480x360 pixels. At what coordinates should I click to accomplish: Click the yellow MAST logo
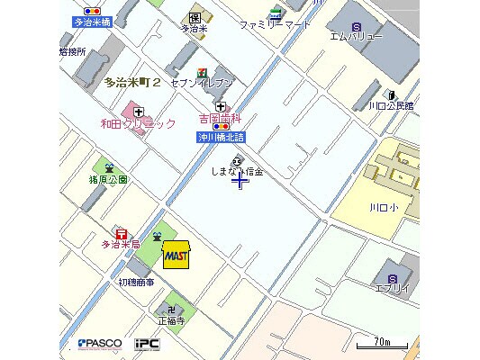176,256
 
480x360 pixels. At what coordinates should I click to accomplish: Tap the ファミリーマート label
275,25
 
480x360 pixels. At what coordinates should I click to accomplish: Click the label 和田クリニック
138,123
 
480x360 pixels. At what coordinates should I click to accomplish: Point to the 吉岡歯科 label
221,118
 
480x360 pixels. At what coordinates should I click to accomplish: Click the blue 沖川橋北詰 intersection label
221,137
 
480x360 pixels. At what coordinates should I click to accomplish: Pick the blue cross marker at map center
240,182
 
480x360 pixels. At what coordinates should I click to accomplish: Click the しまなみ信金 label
237,172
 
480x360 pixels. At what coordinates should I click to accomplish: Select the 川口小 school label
383,207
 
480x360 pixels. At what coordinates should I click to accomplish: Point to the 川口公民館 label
390,105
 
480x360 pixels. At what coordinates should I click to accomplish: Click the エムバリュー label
356,37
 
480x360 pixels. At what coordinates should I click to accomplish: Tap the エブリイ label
392,288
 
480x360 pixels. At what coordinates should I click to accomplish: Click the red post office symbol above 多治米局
121,233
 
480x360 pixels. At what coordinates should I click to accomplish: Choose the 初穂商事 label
136,282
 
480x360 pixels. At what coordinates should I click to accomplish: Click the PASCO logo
99,343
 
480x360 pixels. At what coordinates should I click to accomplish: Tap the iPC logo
147,343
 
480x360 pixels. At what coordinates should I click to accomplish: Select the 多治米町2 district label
132,83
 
